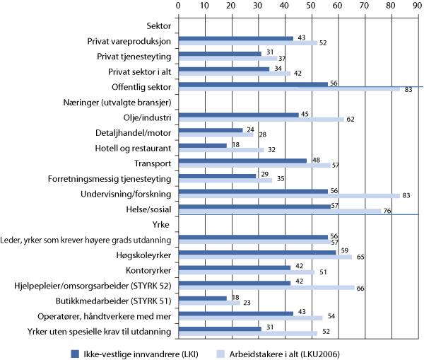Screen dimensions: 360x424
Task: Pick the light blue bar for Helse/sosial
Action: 278,211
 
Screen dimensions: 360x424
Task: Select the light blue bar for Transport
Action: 254,165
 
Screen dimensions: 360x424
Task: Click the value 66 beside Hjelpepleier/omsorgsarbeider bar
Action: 359,288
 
